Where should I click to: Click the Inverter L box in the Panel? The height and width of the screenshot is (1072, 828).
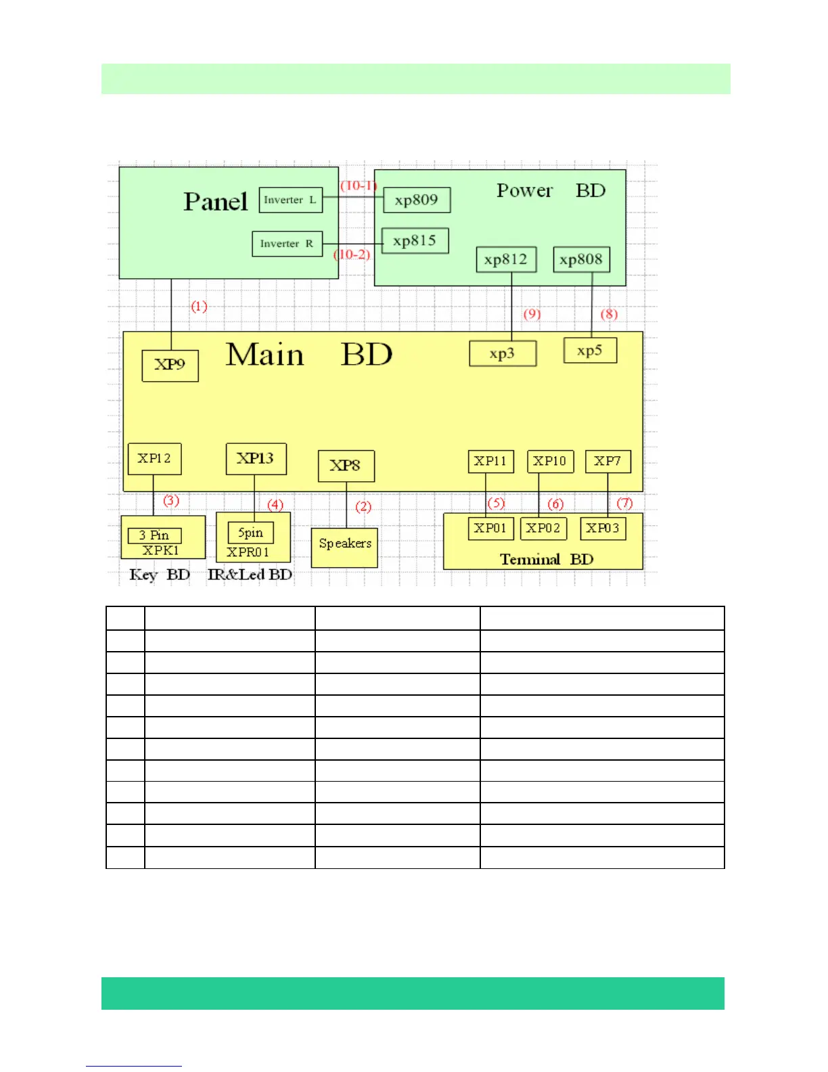pos(290,200)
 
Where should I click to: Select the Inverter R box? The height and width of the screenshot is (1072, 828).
pos(287,244)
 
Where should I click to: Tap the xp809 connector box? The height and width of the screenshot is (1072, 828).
pos(417,200)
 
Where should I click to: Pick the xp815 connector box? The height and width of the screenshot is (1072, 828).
pos(415,241)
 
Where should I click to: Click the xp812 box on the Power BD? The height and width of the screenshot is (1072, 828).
pos(506,260)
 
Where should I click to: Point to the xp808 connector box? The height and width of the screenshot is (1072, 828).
pos(581,260)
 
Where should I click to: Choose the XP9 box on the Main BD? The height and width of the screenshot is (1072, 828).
pos(170,365)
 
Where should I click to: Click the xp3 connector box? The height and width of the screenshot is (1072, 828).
pos(503,354)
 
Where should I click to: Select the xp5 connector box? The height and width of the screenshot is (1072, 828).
pos(590,351)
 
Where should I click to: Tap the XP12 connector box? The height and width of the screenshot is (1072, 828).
pos(154,459)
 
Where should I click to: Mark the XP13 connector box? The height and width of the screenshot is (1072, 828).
pos(256,459)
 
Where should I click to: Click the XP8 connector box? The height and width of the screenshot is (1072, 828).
pos(346,466)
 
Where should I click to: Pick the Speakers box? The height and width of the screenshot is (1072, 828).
pos(344,547)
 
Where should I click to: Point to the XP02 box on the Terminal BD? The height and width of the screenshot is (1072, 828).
pos(543,529)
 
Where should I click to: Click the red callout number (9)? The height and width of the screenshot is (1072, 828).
pos(532,314)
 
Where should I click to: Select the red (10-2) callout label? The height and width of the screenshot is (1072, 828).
pos(352,255)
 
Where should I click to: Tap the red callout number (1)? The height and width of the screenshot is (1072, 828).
pos(199,307)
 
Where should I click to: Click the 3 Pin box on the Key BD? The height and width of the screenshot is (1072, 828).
pos(154,535)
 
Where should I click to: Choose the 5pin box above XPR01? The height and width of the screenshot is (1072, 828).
pos(250,533)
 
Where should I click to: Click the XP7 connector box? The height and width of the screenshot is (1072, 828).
pos(607,462)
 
